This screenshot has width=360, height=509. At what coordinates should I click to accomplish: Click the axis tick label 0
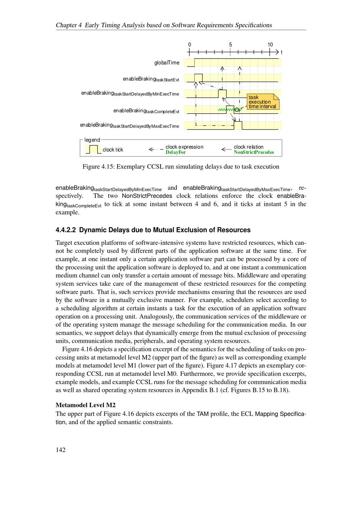(x=190, y=45)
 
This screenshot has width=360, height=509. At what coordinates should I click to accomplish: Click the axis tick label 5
(x=230, y=45)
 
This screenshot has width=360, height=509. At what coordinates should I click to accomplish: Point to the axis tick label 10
(x=270, y=45)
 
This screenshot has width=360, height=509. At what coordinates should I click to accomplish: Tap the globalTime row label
(x=167, y=63)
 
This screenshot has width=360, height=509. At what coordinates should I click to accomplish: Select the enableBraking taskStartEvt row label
(x=151, y=79)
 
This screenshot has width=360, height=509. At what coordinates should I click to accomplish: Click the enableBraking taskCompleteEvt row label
(x=146, y=111)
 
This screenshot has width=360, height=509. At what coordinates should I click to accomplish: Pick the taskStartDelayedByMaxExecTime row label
(x=129, y=125)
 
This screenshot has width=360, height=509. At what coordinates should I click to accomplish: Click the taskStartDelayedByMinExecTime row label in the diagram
(x=130, y=94)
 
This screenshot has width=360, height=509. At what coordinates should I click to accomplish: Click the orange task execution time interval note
(x=263, y=102)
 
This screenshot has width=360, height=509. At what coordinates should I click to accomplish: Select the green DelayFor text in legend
(x=176, y=152)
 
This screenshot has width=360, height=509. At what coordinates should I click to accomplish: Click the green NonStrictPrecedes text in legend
(x=254, y=152)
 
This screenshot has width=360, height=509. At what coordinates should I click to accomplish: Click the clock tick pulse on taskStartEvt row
(x=198, y=78)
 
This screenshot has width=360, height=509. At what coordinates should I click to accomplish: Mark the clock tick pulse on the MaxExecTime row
(x=238, y=125)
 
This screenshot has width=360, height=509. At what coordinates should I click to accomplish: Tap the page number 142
(x=60, y=450)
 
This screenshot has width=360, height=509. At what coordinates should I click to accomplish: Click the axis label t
(x=282, y=53)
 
